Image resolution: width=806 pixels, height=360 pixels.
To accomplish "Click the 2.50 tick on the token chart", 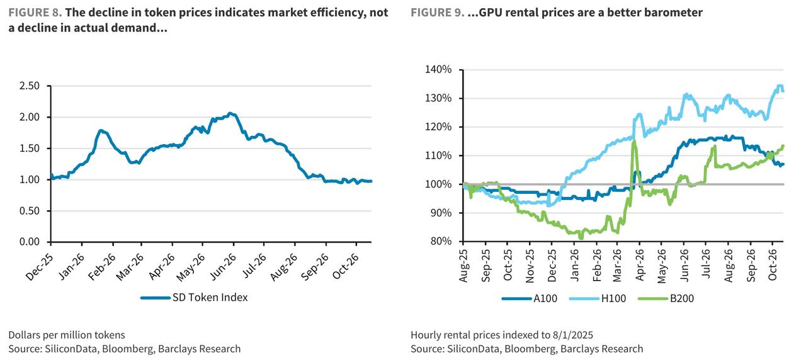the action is coord(30,86).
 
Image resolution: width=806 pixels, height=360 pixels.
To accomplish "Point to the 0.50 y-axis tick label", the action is coord(30,211).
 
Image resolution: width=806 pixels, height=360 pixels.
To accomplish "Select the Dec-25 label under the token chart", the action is coord(40,267).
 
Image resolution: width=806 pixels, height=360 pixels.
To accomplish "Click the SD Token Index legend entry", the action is coord(195,298).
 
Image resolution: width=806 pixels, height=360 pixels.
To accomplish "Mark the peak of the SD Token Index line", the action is coord(231,114).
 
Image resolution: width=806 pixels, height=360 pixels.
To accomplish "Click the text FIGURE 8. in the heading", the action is coord(35,13).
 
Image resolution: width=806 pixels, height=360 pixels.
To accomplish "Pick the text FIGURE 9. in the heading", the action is coord(438,13).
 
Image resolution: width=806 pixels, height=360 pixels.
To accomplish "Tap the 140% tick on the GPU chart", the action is coord(438,69).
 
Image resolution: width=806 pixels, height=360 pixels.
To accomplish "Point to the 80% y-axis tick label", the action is coord(440,241).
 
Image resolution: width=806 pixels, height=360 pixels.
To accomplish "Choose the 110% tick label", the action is coord(438,155).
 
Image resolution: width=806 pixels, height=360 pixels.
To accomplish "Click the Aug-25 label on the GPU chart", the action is coord(463,266).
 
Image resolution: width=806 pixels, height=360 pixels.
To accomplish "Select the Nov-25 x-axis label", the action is coord(530,266).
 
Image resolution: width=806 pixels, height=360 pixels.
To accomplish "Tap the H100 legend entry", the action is coord(598,298).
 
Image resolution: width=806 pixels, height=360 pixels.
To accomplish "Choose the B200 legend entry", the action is coord(666,298).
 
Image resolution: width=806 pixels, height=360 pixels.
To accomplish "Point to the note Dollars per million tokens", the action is coord(67,335).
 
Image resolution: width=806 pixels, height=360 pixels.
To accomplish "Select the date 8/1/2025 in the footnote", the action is coord(572,335).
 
